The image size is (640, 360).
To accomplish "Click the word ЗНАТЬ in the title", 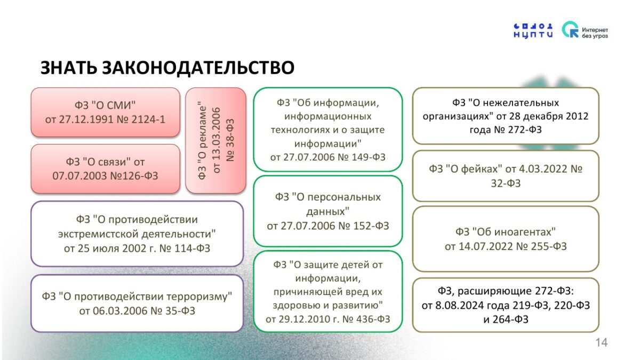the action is click(69, 68).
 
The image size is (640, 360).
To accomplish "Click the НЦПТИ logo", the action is click(533, 31).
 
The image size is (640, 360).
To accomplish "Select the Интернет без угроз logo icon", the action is click(570, 29).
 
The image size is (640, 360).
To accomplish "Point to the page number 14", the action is click(601, 342).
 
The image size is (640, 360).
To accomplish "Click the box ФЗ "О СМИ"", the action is click(106, 113).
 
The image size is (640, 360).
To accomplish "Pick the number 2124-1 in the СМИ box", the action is click(148, 119).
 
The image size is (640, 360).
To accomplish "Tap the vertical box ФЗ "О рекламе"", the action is click(215, 140).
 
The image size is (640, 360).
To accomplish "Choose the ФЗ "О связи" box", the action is click(106, 169).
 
